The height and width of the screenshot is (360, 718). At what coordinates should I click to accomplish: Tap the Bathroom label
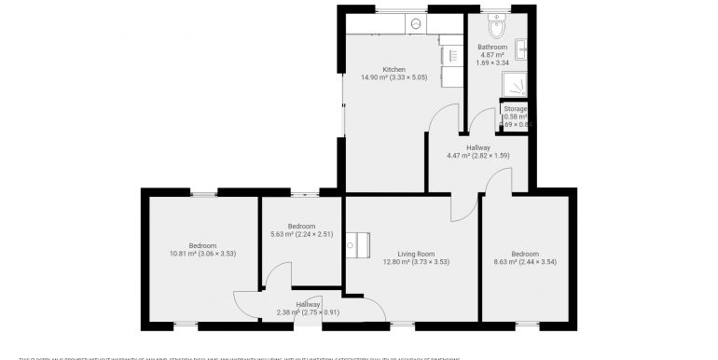[491, 47]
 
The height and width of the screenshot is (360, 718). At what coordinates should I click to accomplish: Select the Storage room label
[515, 109]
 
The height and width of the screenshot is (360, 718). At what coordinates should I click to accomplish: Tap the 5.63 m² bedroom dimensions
[301, 235]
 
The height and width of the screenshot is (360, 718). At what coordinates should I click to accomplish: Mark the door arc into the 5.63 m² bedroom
[278, 277]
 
